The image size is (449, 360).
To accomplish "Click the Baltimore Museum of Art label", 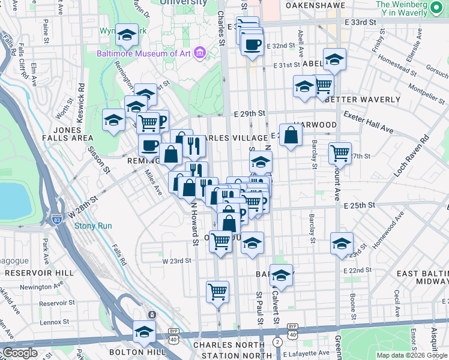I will [x=143, y=53].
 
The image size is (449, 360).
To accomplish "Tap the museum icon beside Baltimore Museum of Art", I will [x=200, y=53].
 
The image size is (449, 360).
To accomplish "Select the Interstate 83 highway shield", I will [x=56, y=220].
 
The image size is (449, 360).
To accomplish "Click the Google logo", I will [x=20, y=353].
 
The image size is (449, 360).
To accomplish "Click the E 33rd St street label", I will [x=360, y=22].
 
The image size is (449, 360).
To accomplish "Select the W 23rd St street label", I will [x=176, y=260].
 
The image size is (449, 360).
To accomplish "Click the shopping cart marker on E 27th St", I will [x=340, y=154].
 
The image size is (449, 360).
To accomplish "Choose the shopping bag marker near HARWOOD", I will [x=291, y=136].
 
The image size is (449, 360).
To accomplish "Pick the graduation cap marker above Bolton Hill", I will [x=144, y=331].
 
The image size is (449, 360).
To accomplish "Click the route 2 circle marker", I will [x=277, y=341].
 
